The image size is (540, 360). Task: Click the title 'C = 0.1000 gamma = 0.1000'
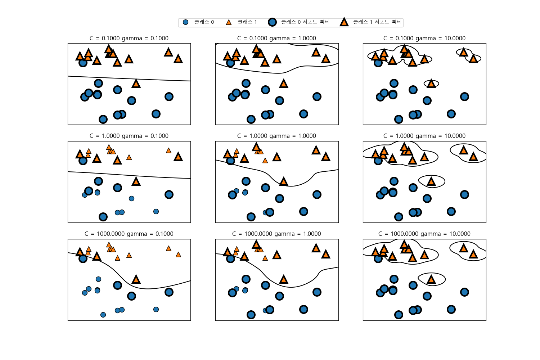(129, 39)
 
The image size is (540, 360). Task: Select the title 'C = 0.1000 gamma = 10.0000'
(424, 39)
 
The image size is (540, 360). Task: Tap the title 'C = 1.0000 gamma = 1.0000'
(276, 136)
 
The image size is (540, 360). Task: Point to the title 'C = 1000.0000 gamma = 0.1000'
(129, 234)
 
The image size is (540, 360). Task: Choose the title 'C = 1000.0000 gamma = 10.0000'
(424, 234)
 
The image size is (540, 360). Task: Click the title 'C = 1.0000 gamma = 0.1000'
(129, 136)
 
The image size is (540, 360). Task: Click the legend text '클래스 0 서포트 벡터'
(305, 22)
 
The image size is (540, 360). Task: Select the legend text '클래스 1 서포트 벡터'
(377, 22)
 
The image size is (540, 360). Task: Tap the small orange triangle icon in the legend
(229, 22)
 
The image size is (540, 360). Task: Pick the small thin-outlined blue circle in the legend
(185, 22)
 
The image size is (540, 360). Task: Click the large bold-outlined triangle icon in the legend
(344, 22)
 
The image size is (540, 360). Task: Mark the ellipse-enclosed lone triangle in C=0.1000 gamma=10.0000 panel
(431, 84)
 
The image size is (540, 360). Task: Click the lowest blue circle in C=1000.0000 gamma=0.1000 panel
(103, 315)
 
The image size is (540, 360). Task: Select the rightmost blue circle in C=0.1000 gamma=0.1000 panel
(169, 96)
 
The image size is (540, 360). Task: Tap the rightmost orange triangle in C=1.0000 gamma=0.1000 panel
(178, 157)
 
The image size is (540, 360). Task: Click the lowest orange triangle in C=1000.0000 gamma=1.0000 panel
(284, 279)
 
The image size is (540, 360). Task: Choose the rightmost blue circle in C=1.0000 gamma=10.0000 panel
(464, 195)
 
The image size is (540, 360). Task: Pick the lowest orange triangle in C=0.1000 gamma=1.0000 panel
(284, 84)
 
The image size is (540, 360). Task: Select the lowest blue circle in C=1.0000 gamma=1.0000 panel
(251, 217)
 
